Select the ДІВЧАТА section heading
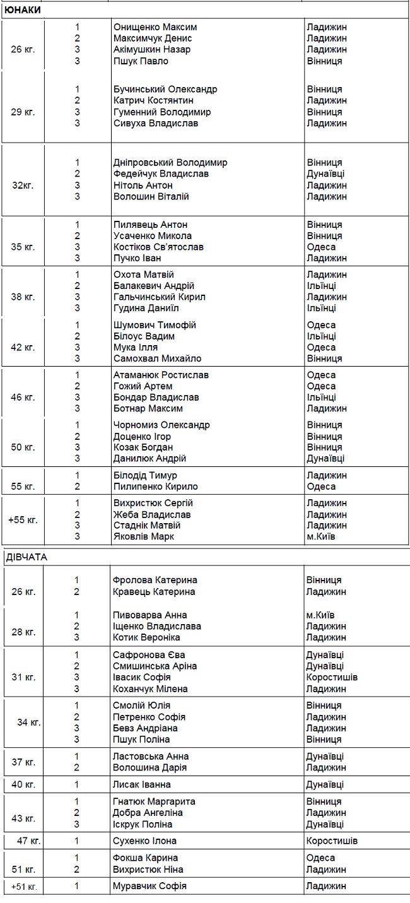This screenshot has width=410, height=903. tap(26, 557)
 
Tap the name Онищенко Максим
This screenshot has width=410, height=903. tap(155, 27)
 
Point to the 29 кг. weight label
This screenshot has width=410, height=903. tap(23, 112)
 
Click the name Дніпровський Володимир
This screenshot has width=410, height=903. tap(170, 162)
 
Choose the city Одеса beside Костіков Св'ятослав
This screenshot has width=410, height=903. tap(321, 247)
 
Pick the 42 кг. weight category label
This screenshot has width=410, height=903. tap(23, 347)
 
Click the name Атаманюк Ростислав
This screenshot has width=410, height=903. tap(161, 375)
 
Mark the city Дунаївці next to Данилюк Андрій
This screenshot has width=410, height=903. tap(325, 459)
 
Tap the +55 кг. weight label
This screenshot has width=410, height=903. tap(23, 520)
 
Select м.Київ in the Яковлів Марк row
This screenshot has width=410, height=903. tap(321, 536)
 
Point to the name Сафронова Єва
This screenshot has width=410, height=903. tap(149, 655)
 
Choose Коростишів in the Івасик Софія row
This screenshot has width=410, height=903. tap(332, 677)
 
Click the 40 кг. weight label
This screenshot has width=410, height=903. tap(24, 784)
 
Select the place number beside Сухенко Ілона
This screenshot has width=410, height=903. tap(77, 841)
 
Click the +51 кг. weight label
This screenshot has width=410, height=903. tap(24, 887)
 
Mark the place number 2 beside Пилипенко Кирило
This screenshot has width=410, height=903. tap(77, 487)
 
